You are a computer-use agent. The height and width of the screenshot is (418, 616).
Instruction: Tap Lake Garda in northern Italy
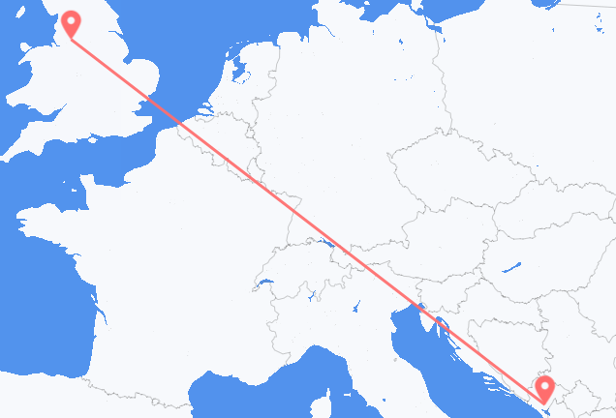(x=359, y=308)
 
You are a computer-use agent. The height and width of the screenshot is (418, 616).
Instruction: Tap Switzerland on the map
(x=305, y=276)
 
